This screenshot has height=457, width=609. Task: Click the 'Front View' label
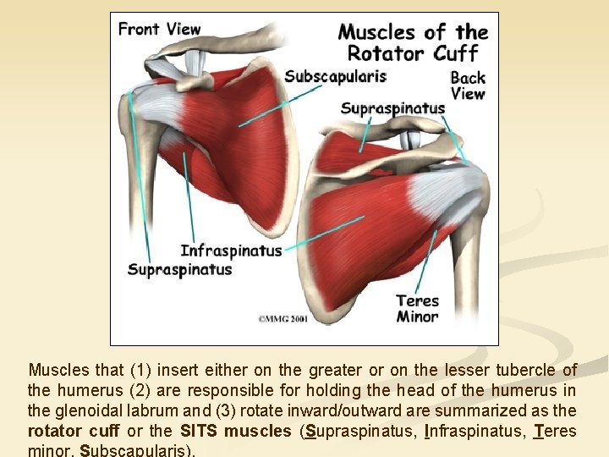coord(159,29)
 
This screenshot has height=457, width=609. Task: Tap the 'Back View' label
coord(467,85)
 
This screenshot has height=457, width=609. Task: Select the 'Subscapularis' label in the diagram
coord(335,76)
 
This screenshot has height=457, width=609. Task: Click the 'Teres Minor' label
coord(417,309)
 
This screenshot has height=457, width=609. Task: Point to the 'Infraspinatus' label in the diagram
coord(231,251)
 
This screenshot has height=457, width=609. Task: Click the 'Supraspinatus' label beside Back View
coord(392,108)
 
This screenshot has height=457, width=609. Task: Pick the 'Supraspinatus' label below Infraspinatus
coord(179,270)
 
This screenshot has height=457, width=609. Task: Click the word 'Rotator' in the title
coord(385,54)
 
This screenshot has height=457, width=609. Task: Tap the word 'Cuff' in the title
coord(460,54)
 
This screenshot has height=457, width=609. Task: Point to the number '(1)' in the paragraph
coord(142,370)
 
